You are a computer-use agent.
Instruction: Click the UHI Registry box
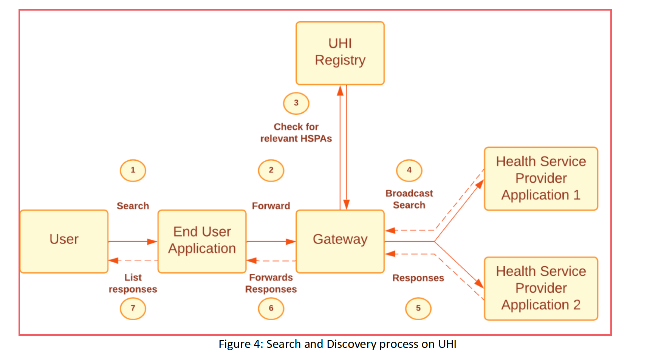tap(340, 53)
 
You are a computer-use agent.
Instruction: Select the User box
tap(64, 241)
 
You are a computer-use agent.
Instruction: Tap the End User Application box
tap(202, 241)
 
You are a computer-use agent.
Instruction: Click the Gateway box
tap(340, 241)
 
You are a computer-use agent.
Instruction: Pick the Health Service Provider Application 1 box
tap(541, 178)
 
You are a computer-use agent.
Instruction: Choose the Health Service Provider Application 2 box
tap(541, 289)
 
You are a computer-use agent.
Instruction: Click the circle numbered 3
tap(296, 103)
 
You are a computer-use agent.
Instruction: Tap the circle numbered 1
tap(133, 171)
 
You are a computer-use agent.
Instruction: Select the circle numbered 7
tap(133, 309)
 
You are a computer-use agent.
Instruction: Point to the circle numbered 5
tap(418, 309)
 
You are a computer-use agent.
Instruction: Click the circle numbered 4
tap(409, 171)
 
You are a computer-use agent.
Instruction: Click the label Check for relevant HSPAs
tap(296, 133)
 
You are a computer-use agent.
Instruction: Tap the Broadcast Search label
tap(409, 199)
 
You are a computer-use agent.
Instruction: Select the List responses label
tap(133, 283)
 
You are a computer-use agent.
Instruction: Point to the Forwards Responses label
tap(271, 283)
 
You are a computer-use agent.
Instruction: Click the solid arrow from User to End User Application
tap(132, 241)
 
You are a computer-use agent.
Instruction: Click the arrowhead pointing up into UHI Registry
tap(340, 91)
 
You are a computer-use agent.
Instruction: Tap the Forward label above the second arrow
tap(271, 206)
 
